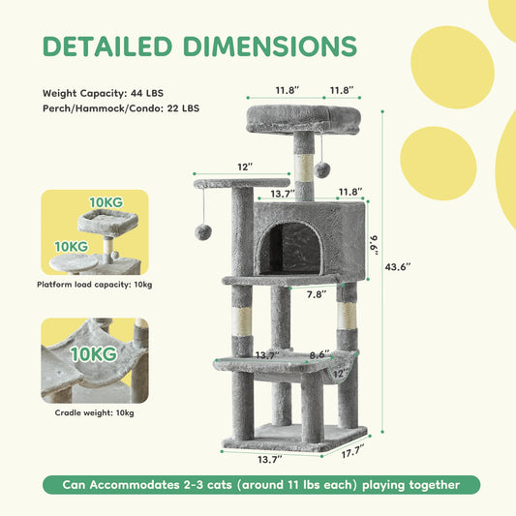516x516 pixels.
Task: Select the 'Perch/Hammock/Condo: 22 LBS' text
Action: pyautogui.click(x=121, y=109)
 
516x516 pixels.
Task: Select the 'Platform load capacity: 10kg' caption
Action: pyautogui.click(x=94, y=285)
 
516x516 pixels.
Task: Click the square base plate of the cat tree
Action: pyautogui.click(x=294, y=436)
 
